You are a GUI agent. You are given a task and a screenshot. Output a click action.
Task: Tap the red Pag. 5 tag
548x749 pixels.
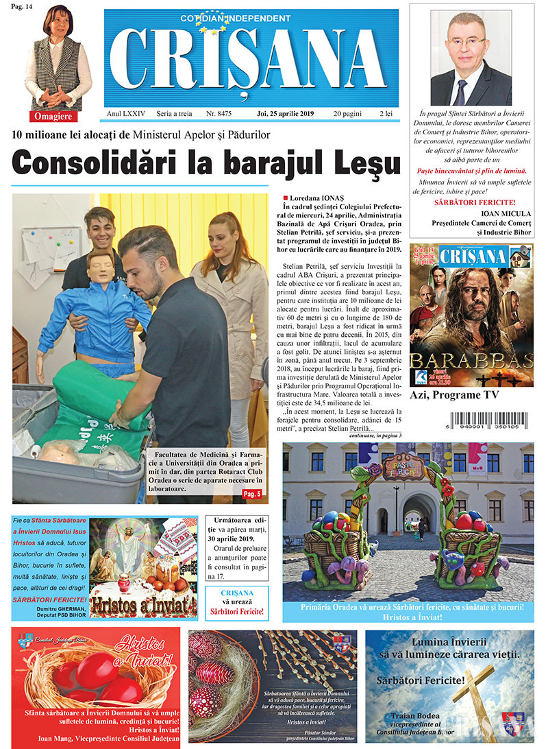click(253, 495)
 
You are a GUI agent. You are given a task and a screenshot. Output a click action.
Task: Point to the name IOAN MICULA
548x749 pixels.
click(491, 213)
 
